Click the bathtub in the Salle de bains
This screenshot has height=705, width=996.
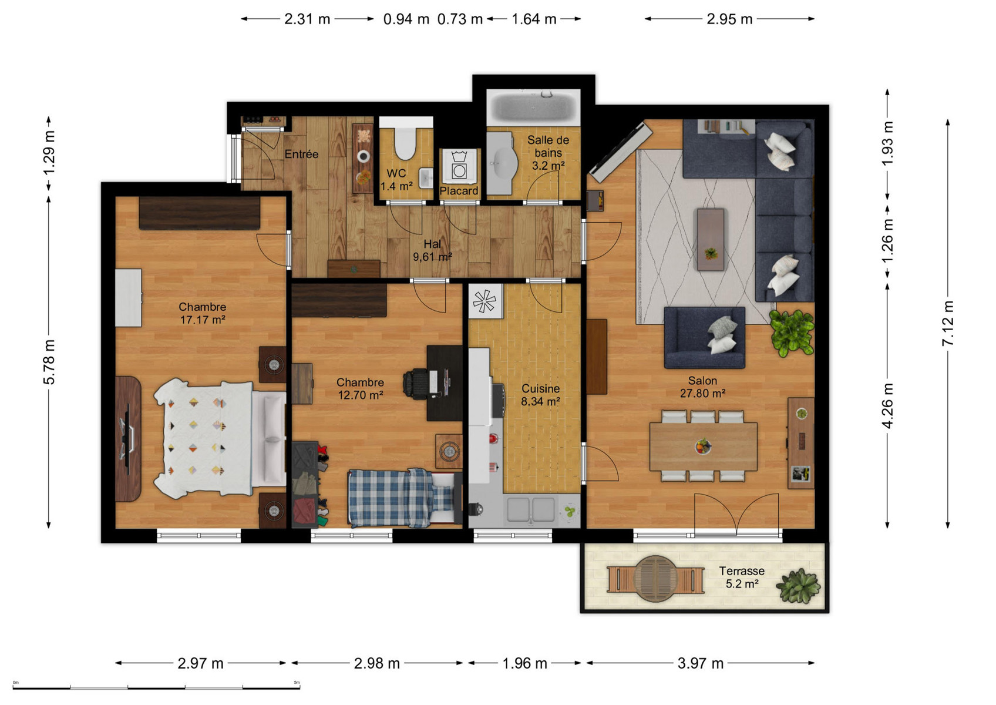pos(533,108)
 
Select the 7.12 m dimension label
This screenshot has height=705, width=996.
pos(947,323)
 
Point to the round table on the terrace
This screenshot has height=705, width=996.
pos(655,579)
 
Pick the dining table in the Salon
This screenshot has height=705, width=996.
pos(704,446)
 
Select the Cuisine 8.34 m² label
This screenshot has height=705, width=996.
pos(540,395)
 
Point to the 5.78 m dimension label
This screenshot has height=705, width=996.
pos(49,362)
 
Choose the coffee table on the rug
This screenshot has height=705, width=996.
pos(710,239)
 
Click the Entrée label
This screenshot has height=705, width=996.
pos(301,155)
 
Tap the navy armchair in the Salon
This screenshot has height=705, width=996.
pos(704,337)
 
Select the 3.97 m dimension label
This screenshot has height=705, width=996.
pos(700,663)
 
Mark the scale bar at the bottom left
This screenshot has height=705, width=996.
pos(156,687)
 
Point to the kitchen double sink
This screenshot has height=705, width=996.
pos(531,509)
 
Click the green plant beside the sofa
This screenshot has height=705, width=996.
pos(792,333)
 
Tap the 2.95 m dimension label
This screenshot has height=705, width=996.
pos(729,19)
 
